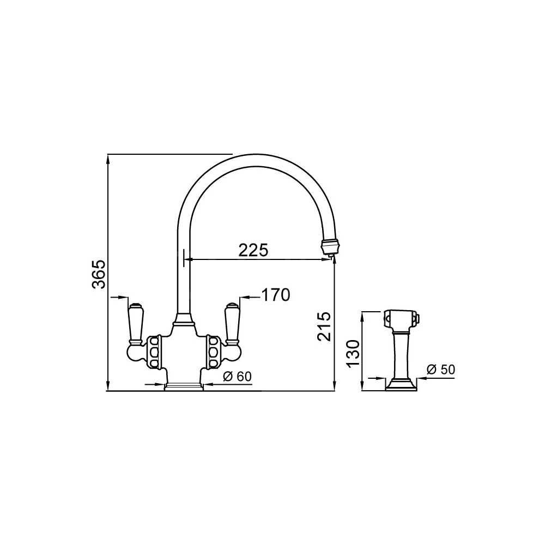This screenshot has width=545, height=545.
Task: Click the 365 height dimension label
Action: [99, 274]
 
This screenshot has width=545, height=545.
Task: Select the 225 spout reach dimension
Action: [253, 250]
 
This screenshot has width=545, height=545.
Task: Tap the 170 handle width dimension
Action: [275, 295]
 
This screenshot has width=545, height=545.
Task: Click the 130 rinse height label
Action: [353, 354]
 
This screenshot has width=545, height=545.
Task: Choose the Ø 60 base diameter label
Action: [237, 377]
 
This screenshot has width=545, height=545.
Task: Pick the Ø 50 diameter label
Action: [441, 370]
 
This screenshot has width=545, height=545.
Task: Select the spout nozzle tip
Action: [329, 245]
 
